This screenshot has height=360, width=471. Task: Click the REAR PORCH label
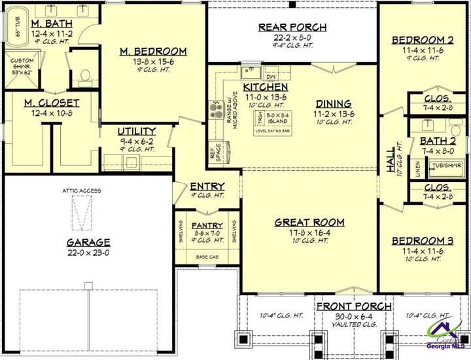coord(292,27)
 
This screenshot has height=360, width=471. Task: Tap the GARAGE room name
coord(88,242)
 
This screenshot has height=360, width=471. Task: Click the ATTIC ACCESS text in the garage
coord(82,190)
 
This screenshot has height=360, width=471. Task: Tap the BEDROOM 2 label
coord(422,41)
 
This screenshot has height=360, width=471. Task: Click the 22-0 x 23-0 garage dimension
coord(88,253)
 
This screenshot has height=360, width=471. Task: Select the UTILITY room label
coord(137,131)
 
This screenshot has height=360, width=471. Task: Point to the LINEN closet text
coord(417,167)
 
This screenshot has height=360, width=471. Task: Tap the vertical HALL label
coord(392,158)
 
